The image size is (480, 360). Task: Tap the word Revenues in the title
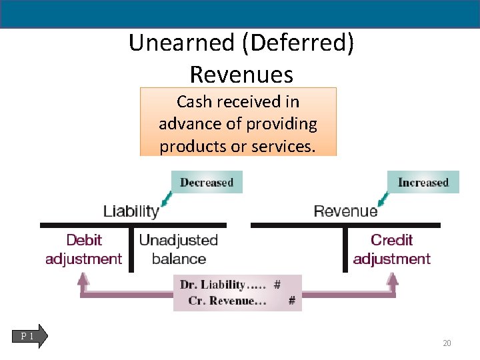[241, 73]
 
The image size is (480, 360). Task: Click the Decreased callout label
[207, 182]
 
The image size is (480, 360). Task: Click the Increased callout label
[423, 182]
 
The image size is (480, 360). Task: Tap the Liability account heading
[131, 212]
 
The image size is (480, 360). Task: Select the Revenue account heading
[345, 212]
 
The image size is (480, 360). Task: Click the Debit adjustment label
[83, 249]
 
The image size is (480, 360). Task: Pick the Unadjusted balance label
[179, 249]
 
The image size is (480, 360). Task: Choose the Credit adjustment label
[391, 249]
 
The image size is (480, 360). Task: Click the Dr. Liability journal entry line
[229, 285]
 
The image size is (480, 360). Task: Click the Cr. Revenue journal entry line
[237, 301]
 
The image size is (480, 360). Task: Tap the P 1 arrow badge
[30, 337]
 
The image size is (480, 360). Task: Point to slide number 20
[447, 343]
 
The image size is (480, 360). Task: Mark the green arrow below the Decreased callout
[165, 199]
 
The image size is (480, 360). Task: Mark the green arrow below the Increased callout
[383, 199]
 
